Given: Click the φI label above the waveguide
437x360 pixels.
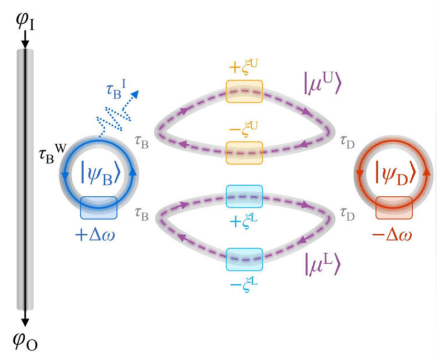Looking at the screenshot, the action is (x=25, y=21).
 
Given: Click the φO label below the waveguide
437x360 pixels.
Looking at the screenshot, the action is (x=25, y=341).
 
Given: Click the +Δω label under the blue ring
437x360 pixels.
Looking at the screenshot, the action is (x=95, y=235).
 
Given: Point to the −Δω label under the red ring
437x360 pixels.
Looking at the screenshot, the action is (x=392, y=235).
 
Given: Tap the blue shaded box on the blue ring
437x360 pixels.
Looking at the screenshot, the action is (x=98, y=208).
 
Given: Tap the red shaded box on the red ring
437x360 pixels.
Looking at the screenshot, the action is (x=394, y=208).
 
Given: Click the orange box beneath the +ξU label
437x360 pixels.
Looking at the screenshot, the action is (x=244, y=92).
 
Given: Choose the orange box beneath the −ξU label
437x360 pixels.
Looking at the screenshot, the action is (x=244, y=153).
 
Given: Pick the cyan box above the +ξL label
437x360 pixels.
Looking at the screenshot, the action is (x=244, y=196).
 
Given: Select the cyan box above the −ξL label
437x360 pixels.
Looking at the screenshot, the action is (x=244, y=259).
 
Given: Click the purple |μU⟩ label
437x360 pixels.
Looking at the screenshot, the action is (x=322, y=84).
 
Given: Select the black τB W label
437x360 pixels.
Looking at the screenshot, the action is (x=53, y=154).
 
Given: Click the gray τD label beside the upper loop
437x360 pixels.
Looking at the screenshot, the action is (x=347, y=142).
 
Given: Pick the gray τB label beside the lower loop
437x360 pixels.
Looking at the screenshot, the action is (x=142, y=215).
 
